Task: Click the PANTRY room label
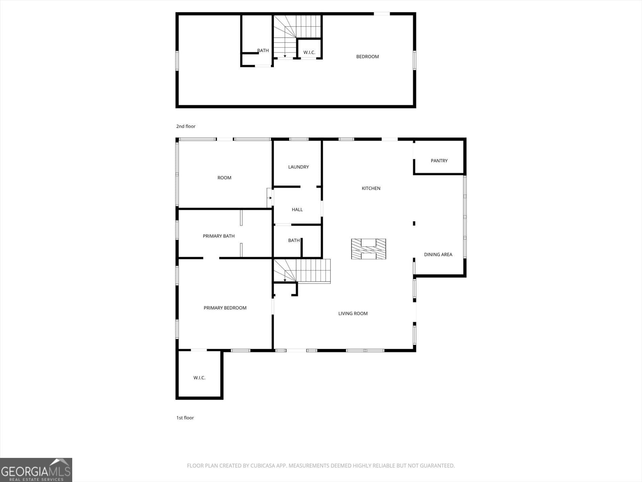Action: (x=439, y=161)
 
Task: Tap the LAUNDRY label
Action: (x=298, y=167)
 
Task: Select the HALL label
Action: (x=297, y=210)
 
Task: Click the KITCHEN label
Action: (x=371, y=188)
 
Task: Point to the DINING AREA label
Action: (x=438, y=254)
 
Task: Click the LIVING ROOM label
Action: (x=353, y=313)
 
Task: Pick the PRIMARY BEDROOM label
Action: (x=225, y=308)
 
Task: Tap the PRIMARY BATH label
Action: (x=219, y=236)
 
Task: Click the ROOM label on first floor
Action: (x=224, y=178)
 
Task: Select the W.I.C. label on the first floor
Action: (x=199, y=378)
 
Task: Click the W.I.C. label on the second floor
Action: (x=309, y=53)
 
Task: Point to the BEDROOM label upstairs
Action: (x=367, y=57)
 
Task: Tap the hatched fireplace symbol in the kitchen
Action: (x=368, y=249)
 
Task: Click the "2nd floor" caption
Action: (x=186, y=126)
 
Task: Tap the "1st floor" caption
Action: (x=185, y=418)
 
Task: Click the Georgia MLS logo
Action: (x=36, y=470)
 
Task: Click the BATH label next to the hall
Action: (x=294, y=240)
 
